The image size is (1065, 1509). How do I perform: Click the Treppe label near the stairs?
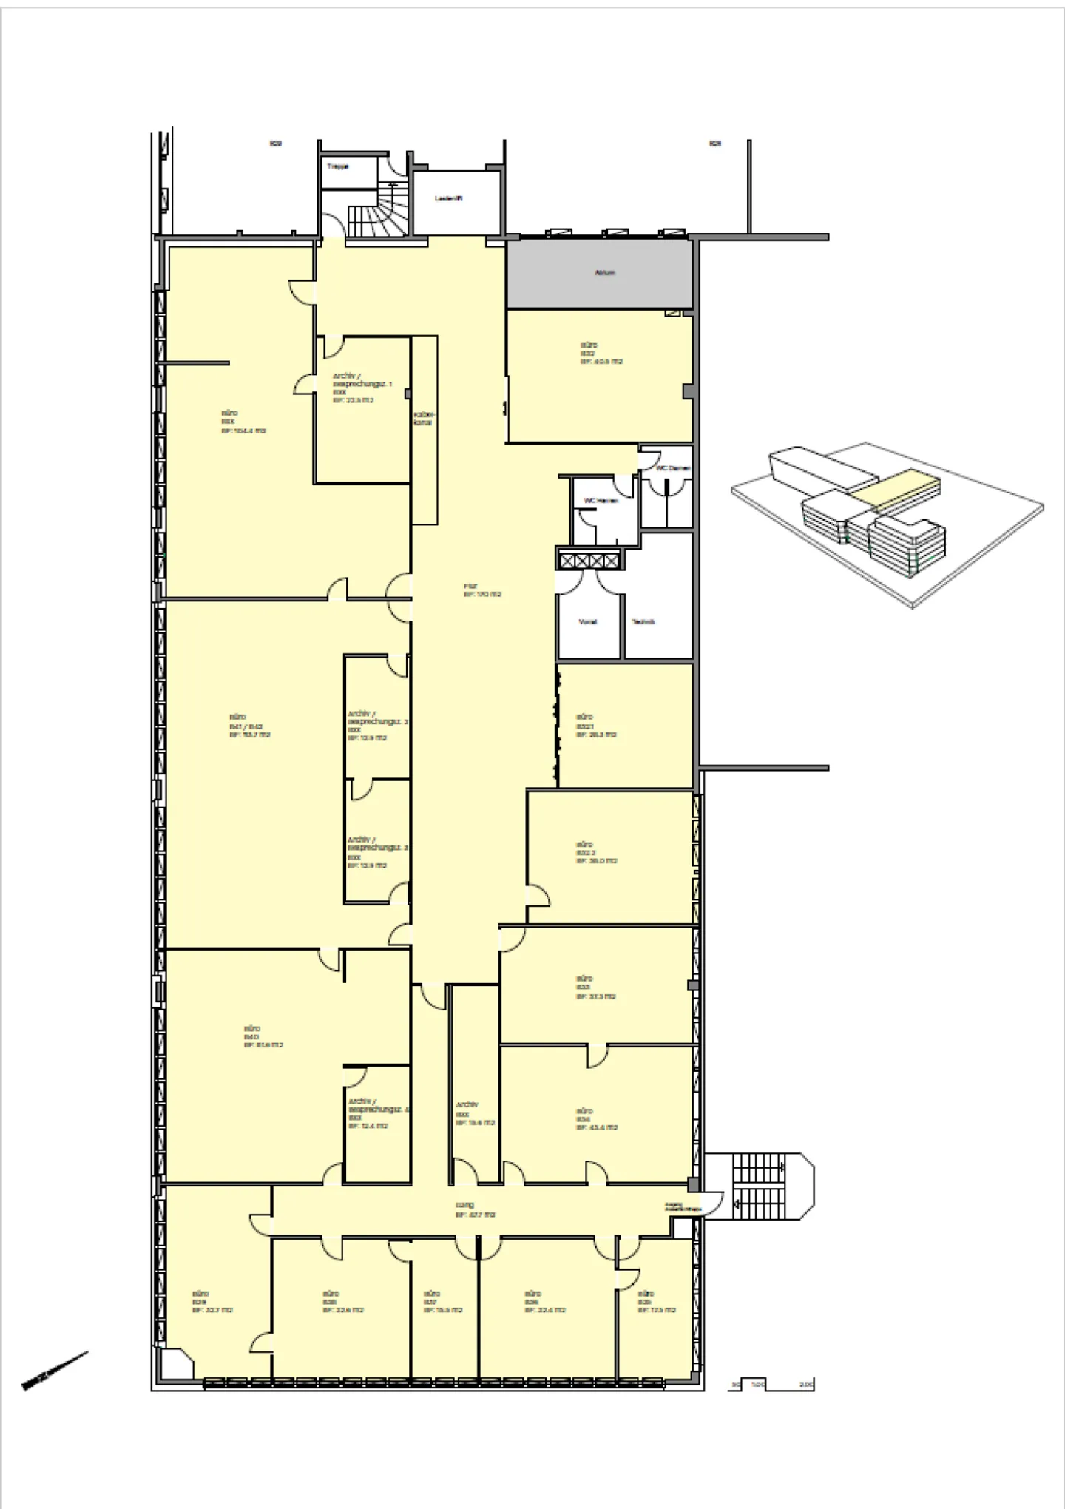point(337,167)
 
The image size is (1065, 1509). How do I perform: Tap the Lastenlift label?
point(449,199)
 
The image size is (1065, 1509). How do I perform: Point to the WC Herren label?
point(601,501)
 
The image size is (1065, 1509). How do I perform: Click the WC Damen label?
point(672,468)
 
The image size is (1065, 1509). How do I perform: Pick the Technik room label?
point(643,622)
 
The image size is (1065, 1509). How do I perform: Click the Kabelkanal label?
point(423,419)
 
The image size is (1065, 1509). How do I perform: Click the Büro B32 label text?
point(600,354)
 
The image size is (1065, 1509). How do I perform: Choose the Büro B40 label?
point(263,1037)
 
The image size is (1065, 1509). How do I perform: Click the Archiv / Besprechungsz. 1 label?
point(362,388)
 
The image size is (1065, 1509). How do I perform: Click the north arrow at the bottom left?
point(55,1371)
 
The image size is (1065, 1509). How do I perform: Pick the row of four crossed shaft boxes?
point(589,561)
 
